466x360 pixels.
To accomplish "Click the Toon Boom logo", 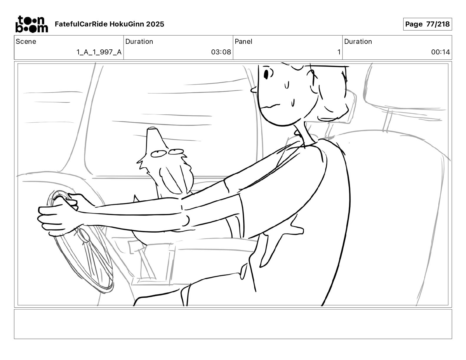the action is [x=32, y=24].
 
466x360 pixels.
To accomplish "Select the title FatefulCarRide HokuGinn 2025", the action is [x=109, y=24].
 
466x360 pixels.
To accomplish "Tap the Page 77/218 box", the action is [x=427, y=24].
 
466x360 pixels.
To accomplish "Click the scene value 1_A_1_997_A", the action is [x=99, y=52].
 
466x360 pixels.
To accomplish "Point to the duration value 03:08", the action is [x=221, y=52].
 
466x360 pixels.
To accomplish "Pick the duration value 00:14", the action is [x=440, y=52].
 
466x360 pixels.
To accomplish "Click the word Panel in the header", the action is [x=243, y=41].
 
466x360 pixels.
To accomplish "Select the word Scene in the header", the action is [x=26, y=41].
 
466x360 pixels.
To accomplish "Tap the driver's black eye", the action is [x=266, y=74].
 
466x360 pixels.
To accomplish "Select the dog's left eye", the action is [x=159, y=154].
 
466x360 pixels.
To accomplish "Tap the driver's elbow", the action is [x=186, y=221].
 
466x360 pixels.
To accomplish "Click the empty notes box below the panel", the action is [x=233, y=324].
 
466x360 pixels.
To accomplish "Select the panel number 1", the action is [x=339, y=52].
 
